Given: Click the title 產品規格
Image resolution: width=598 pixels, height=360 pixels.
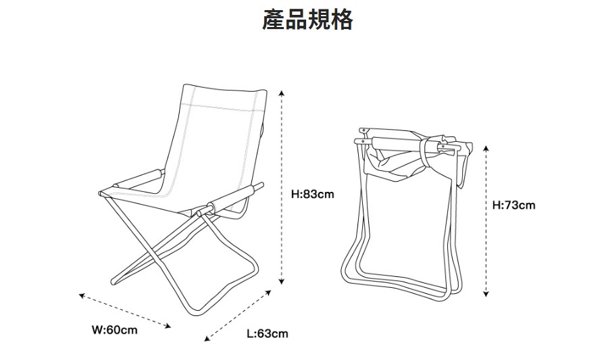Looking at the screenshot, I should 307,20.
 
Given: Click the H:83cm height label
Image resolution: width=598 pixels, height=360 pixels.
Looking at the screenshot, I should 313,195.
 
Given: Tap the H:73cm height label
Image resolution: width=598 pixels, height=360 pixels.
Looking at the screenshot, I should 514,205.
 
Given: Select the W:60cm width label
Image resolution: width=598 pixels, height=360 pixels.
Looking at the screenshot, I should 115,330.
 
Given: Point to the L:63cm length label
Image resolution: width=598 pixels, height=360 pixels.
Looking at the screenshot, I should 267,334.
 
